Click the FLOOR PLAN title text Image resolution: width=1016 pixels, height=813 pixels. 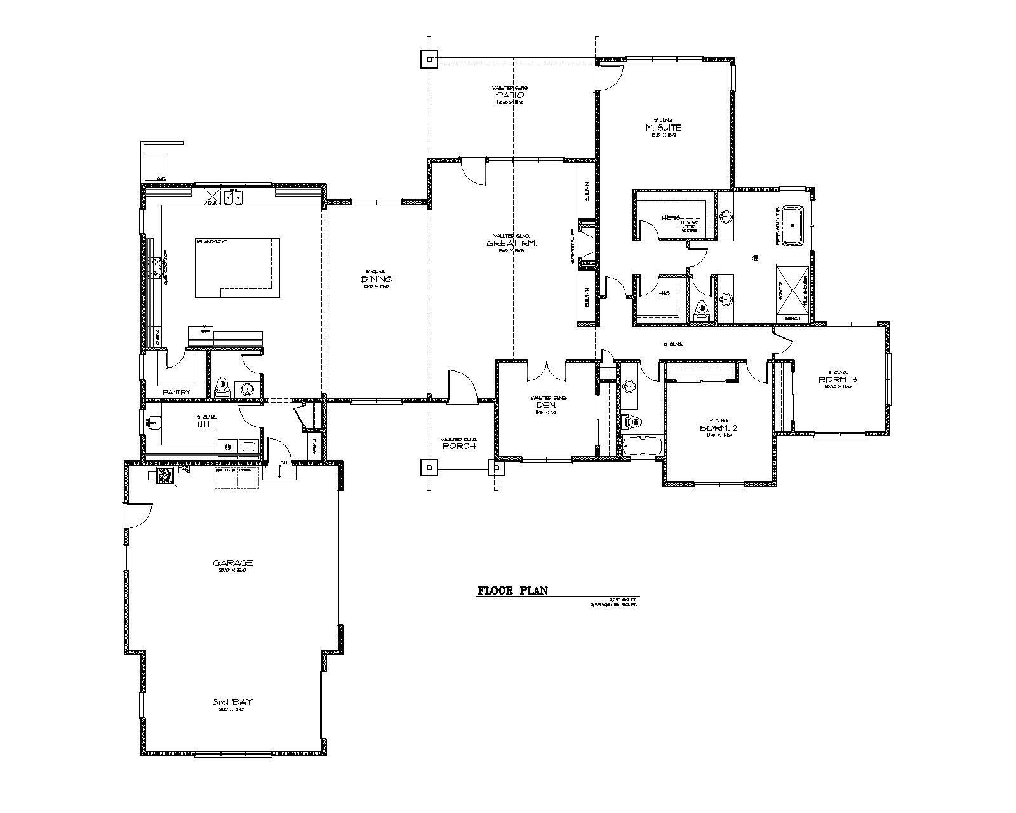tap(512, 591)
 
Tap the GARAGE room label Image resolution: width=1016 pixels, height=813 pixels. tap(233, 563)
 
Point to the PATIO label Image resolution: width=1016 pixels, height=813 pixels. tap(509, 95)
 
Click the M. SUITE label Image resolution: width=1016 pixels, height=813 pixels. tap(663, 128)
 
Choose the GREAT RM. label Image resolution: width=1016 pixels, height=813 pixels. tap(512, 243)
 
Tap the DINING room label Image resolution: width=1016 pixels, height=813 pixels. tap(377, 279)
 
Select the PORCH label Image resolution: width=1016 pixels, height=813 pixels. tap(458, 446)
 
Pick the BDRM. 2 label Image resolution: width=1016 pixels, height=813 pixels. tap(718, 428)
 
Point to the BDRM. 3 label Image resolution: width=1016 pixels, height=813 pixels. tap(838, 380)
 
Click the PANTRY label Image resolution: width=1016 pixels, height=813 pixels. tap(176, 392)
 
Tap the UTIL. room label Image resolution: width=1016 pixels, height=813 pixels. tap(208, 424)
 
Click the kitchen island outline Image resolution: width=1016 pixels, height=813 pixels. tap(237, 267)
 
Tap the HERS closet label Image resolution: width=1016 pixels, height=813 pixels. tap(671, 218)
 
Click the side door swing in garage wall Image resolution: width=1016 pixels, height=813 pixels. tap(138, 514)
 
